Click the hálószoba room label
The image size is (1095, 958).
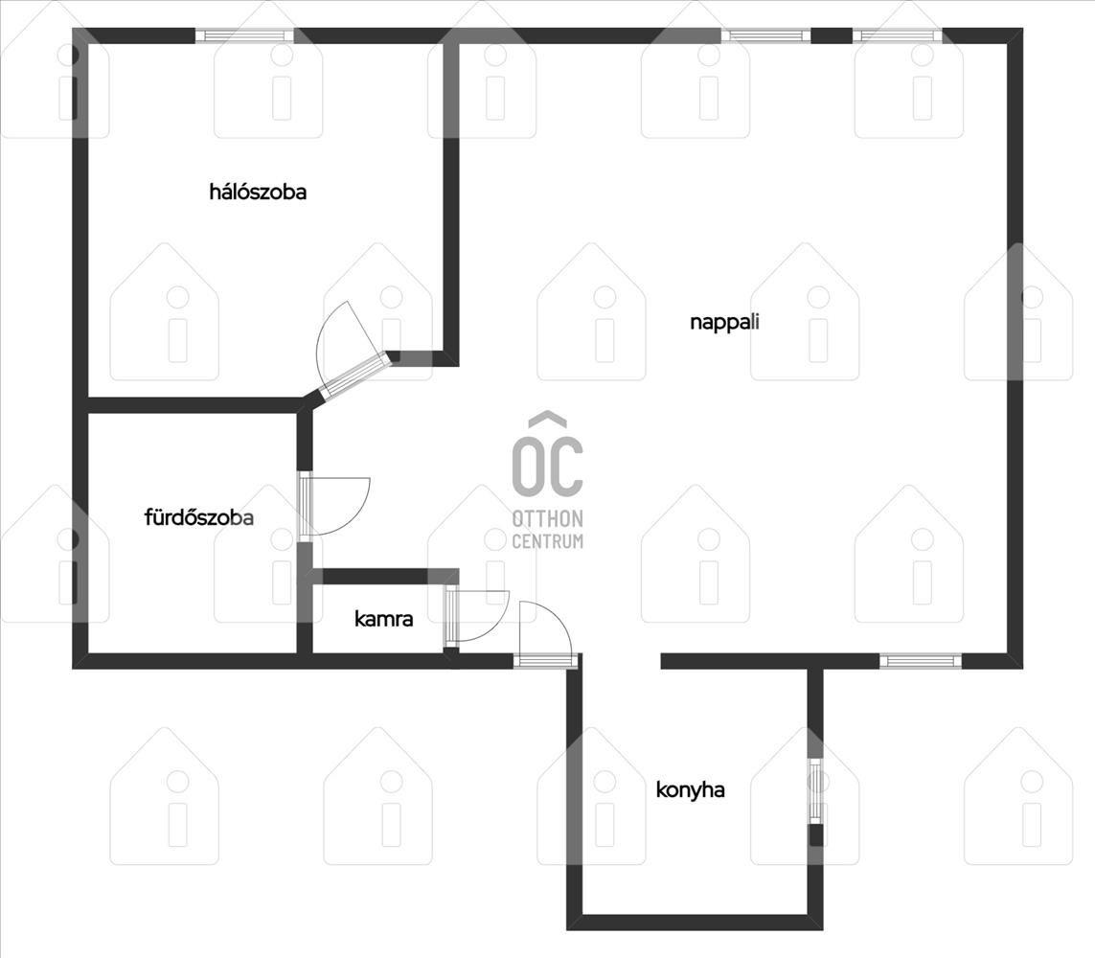tap(258, 192)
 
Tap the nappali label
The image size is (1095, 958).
tap(724, 323)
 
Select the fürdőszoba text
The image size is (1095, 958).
tap(199, 517)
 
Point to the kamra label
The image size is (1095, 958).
tap(383, 619)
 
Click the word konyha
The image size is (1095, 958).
tap(690, 790)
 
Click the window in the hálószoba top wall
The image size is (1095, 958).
tap(244, 35)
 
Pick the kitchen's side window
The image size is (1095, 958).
tap(815, 790)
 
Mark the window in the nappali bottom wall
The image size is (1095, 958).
tap(921, 661)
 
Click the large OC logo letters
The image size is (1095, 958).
tap(548, 464)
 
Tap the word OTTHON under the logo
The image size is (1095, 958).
tap(548, 519)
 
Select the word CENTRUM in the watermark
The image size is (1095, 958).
tap(548, 541)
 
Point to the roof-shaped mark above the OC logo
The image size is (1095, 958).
tap(548, 419)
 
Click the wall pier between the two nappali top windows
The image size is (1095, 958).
tap(831, 35)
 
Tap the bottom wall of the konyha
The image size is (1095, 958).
tap(695, 923)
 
